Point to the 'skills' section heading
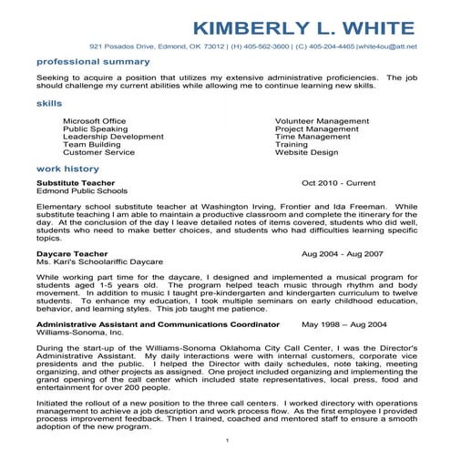click(49, 105)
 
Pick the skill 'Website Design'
click(305, 152)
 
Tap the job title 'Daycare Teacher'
click(70, 254)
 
